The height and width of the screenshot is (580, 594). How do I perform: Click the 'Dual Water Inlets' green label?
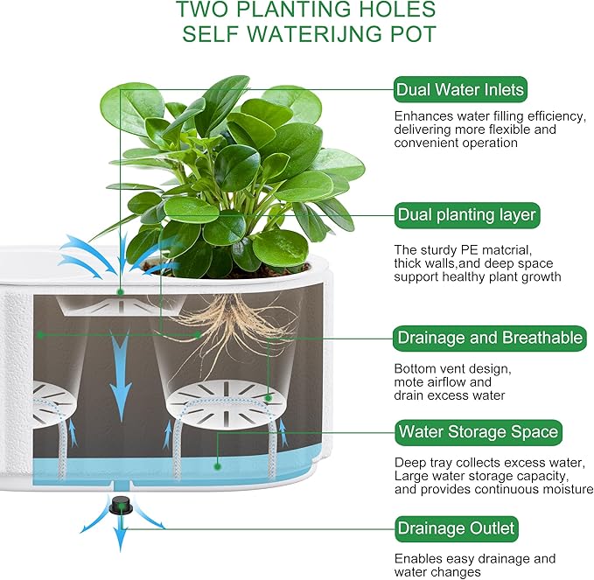tap(459, 89)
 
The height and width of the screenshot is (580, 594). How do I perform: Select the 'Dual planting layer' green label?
tap(465, 214)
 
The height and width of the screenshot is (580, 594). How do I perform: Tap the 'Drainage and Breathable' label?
tap(489, 338)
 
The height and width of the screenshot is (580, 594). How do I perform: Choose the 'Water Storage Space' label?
tap(477, 431)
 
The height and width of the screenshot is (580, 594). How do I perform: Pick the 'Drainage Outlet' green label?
tap(456, 528)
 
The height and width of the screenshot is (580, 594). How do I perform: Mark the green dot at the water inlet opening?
tap(121, 290)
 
